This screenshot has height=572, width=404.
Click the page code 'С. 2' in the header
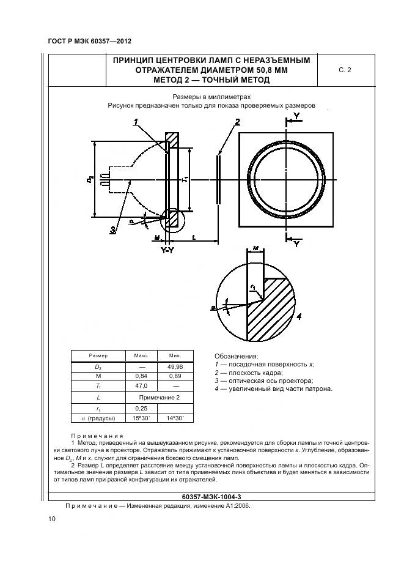click(x=345, y=70)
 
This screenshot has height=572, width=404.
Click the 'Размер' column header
click(x=98, y=355)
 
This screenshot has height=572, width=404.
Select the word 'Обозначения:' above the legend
click(x=237, y=355)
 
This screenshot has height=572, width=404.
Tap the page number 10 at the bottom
click(x=51, y=519)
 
